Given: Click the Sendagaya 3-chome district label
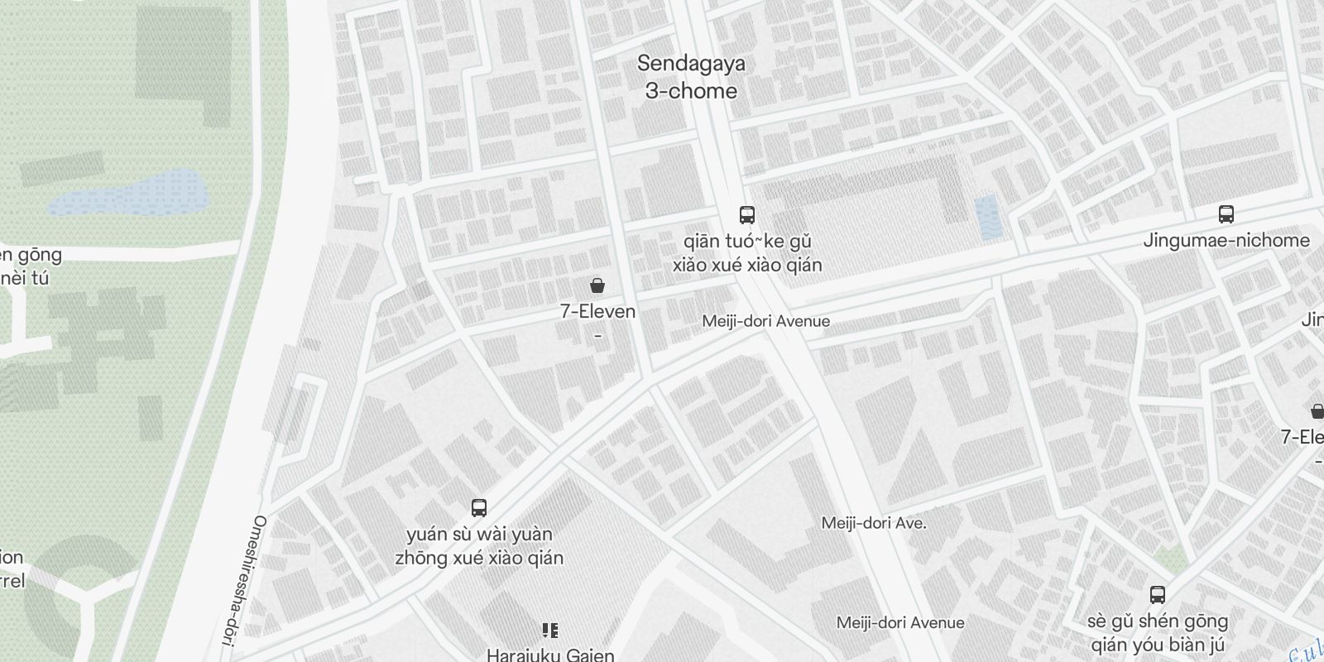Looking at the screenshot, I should pyautogui.click(x=691, y=77).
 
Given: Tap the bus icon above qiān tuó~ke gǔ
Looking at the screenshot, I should pyautogui.click(x=746, y=215).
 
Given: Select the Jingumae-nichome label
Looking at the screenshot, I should pyautogui.click(x=1226, y=241).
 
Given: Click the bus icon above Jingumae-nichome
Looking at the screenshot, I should pyautogui.click(x=1226, y=214).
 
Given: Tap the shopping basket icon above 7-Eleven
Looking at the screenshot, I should pyautogui.click(x=597, y=286).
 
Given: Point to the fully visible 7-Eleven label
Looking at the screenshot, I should pyautogui.click(x=597, y=312).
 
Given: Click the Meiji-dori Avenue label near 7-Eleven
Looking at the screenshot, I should pyautogui.click(x=765, y=321).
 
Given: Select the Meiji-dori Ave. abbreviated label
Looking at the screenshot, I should pyautogui.click(x=873, y=523).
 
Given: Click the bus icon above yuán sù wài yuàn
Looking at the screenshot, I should pyautogui.click(x=478, y=507).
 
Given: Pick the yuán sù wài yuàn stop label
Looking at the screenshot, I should pyautogui.click(x=479, y=546).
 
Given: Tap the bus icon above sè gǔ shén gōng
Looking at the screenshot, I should pyautogui.click(x=1157, y=594).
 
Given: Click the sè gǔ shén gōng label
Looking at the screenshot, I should pyautogui.click(x=1157, y=633).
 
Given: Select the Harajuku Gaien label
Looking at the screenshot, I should pyautogui.click(x=550, y=655).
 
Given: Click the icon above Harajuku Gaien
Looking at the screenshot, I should pyautogui.click(x=549, y=631).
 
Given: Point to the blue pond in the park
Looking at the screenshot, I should pyautogui.click(x=128, y=193).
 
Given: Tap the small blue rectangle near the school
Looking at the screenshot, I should pyautogui.click(x=987, y=218).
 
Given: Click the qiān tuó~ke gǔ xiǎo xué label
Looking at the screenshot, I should pyautogui.click(x=746, y=253).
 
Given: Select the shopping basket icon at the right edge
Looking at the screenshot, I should pyautogui.click(x=1317, y=410).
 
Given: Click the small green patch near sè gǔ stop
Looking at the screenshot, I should pyautogui.click(x=1172, y=560).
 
